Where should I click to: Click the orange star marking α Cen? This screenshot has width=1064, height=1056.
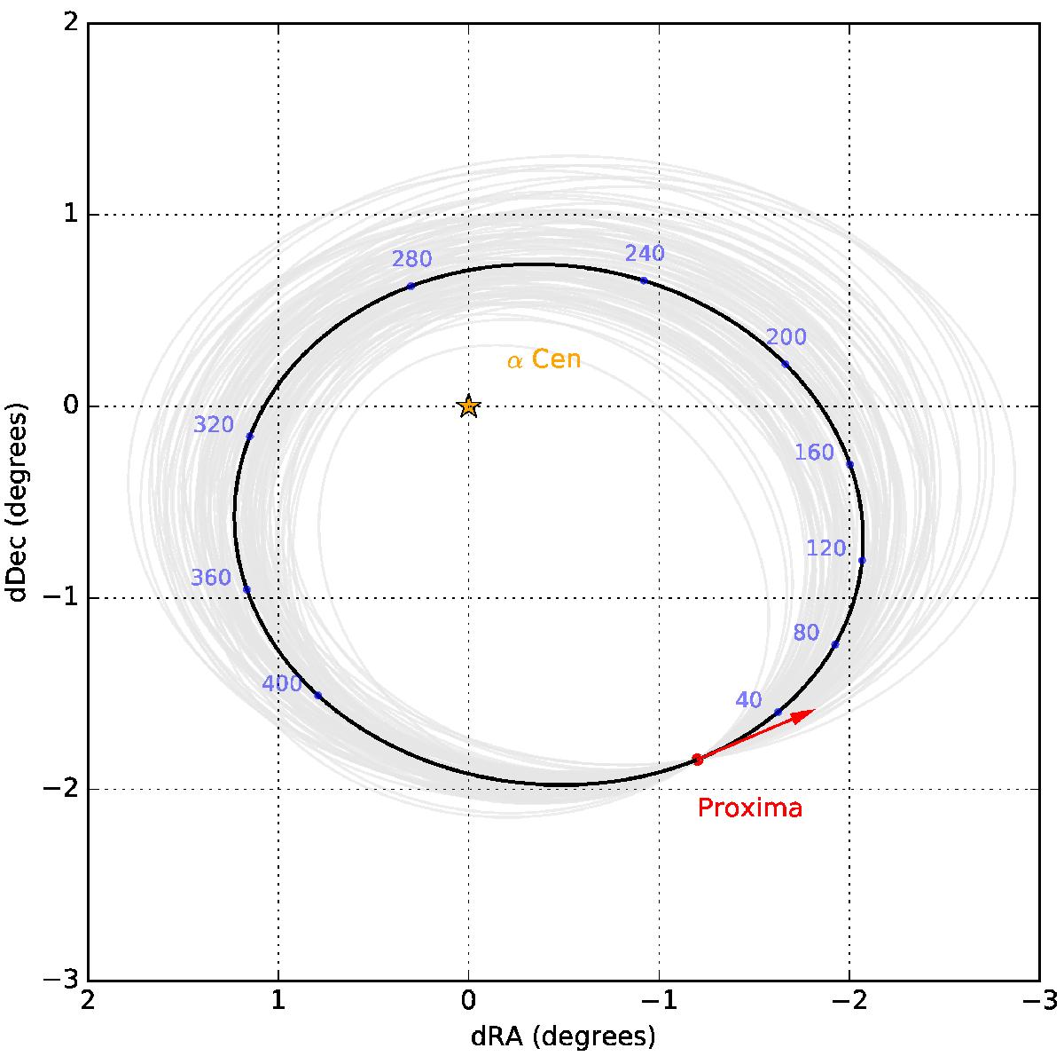pyautogui.click(x=469, y=406)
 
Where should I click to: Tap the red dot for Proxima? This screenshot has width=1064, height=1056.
pyautogui.click(x=698, y=759)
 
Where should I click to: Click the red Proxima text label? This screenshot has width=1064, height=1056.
pyautogui.click(x=749, y=808)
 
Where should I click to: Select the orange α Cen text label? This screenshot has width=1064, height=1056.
pyautogui.click(x=544, y=360)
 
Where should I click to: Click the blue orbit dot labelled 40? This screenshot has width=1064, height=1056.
pyautogui.click(x=778, y=712)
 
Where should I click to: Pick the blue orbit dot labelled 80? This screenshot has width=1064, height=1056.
pyautogui.click(x=835, y=644)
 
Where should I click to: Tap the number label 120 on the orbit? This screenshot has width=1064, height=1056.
pyautogui.click(x=825, y=548)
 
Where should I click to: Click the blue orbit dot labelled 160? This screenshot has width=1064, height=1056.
pyautogui.click(x=849, y=464)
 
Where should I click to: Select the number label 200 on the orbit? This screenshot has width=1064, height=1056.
pyautogui.click(x=786, y=337)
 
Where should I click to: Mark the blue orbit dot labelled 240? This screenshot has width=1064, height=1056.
pyautogui.click(x=644, y=280)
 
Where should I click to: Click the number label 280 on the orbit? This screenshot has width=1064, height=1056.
pyautogui.click(x=411, y=259)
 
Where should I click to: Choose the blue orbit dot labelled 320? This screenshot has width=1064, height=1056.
pyautogui.click(x=249, y=436)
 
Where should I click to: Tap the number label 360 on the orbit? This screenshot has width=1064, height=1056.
pyautogui.click(x=211, y=579)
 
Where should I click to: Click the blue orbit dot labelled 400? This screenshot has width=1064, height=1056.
pyautogui.click(x=317, y=695)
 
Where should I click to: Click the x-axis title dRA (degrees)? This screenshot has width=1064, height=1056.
pyautogui.click(x=565, y=1035)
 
